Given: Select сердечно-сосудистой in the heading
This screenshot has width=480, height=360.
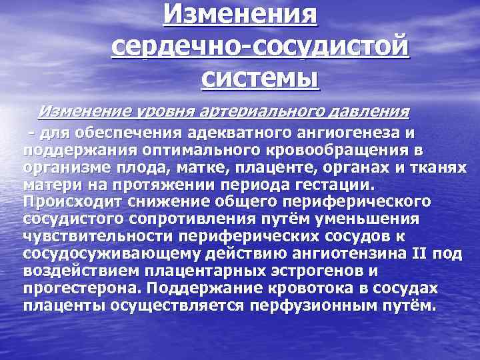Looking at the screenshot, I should pos(259,46).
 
